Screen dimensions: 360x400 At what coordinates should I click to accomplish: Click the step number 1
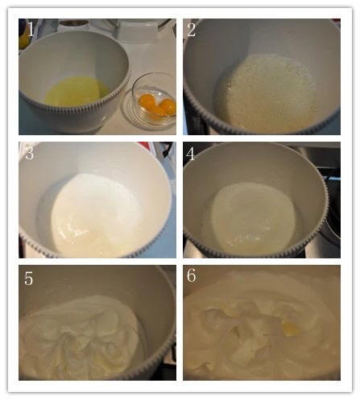tap(31, 29)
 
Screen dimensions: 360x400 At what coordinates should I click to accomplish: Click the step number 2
tap(192, 29)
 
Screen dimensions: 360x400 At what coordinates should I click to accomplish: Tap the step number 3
tap(29, 153)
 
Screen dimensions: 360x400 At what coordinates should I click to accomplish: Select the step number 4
tap(191, 154)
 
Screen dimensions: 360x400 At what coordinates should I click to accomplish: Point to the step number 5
tap(29, 278)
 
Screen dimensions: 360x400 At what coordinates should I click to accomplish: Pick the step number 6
tap(192, 275)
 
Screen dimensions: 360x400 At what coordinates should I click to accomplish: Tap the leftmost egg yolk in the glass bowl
tap(147, 101)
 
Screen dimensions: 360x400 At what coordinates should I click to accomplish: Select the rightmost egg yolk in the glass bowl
tap(168, 106)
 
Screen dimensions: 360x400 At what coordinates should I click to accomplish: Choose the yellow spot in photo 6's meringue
tap(291, 328)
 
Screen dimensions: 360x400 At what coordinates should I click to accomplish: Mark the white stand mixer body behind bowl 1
tap(143, 30)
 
